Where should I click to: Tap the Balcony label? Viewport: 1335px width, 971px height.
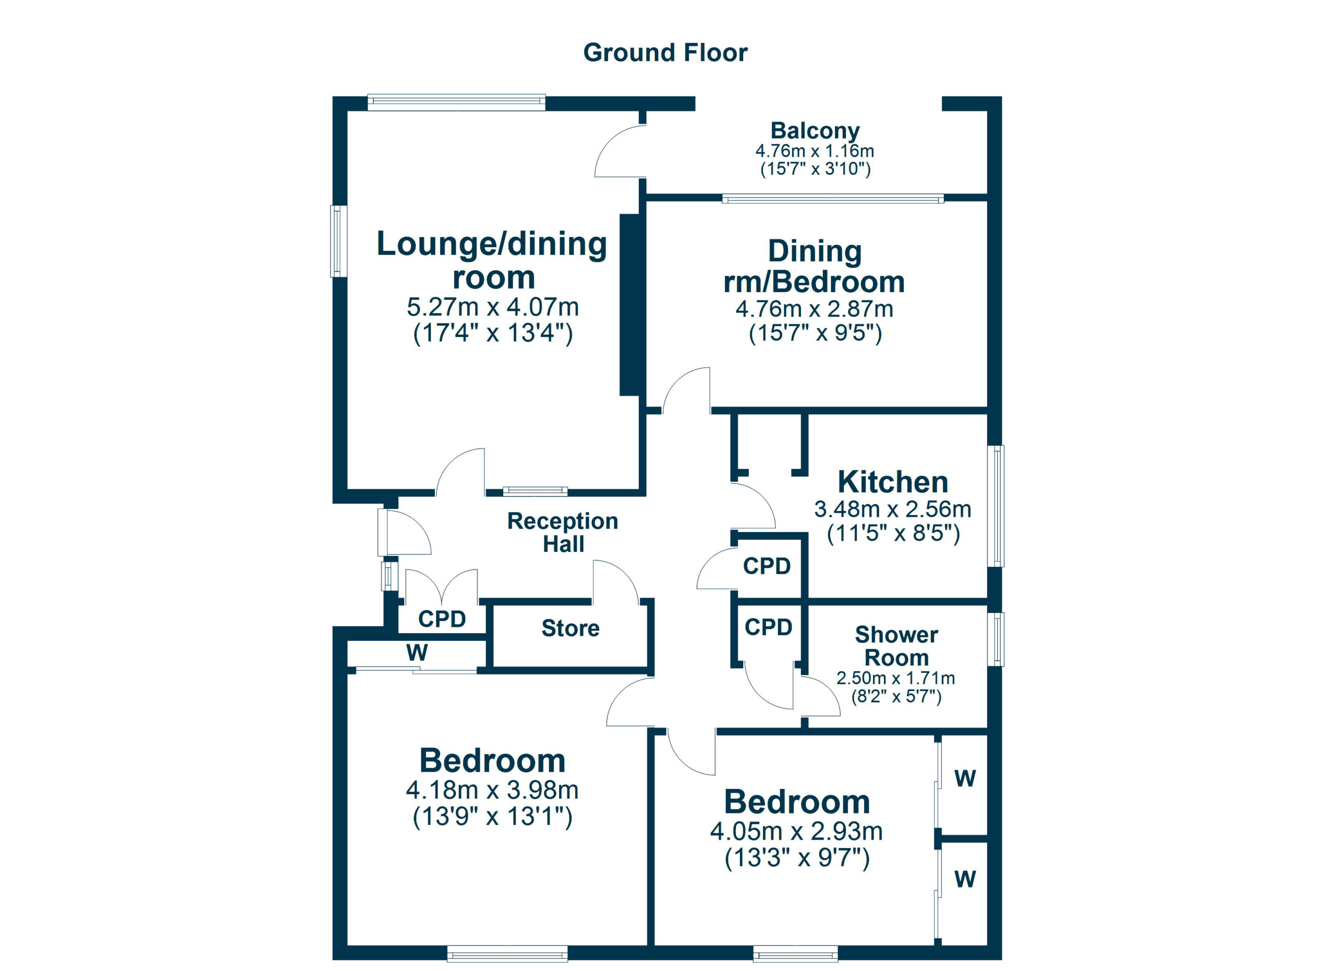[815, 130]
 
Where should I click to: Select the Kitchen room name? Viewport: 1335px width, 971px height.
[893, 482]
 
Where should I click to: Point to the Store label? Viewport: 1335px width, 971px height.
[571, 628]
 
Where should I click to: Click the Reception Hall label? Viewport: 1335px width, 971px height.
[563, 532]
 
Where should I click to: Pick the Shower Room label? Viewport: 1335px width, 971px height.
[896, 646]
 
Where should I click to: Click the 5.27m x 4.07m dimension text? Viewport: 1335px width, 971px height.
[493, 307]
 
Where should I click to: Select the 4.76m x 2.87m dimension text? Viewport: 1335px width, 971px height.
[815, 309]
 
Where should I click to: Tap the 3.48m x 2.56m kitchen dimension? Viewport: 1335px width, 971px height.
[893, 509]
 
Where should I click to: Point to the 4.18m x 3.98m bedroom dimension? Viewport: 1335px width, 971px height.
[492, 790]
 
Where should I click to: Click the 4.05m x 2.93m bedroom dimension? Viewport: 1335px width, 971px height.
[796, 831]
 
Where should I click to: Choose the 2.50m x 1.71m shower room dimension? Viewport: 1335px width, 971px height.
[896, 678]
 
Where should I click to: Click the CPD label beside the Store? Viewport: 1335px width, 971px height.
[442, 619]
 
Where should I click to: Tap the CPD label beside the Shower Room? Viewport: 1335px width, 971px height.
[768, 627]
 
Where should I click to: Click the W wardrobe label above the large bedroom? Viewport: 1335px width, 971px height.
[417, 652]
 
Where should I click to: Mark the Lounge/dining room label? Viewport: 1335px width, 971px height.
[492, 260]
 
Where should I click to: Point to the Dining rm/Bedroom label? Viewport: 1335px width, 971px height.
[815, 266]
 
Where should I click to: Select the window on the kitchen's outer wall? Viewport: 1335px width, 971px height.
[996, 506]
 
